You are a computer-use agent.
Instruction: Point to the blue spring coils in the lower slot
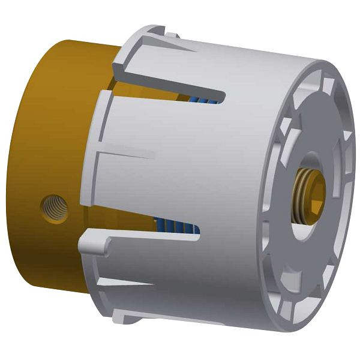click(180, 227)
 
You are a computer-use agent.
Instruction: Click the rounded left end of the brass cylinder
click(24, 174)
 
